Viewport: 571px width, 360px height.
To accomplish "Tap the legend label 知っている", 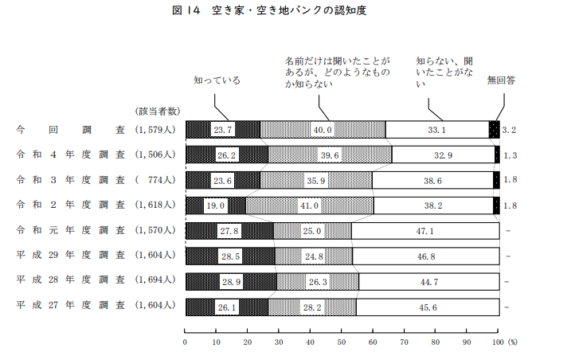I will pos(217,80).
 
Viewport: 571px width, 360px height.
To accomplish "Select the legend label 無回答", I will pos(501,80).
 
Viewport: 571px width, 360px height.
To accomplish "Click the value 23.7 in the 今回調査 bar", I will pos(223,130).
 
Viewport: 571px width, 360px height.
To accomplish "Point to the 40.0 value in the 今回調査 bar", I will pos(322,130).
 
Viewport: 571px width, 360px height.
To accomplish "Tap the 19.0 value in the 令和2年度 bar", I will pos(216,206).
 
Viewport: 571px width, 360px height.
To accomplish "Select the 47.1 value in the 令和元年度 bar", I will pos(424,232).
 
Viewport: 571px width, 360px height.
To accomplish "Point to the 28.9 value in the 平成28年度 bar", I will pos(232,283).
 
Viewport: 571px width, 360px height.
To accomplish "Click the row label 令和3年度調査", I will pos(70,181).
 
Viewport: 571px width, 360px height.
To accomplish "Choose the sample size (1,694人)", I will pos(157,283).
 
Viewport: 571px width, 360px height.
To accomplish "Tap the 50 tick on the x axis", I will pos(342,342).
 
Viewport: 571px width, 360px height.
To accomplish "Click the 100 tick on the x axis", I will pos(498,342).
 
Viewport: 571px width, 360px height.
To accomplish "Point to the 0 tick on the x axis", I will pos(186,342).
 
